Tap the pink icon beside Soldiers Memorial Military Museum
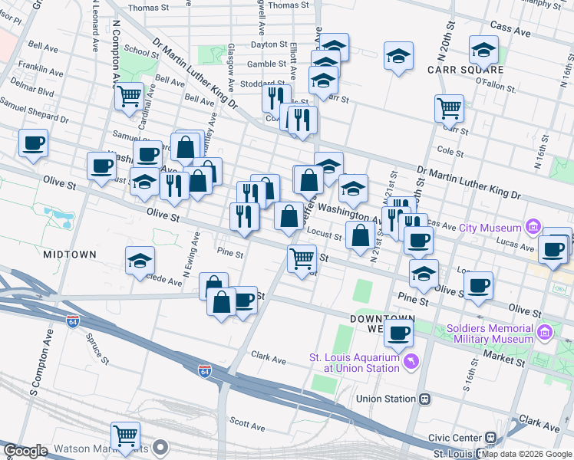545,332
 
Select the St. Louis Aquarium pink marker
411,360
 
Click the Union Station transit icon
424,399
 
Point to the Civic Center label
457,437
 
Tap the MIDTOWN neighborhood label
70,254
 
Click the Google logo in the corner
25,450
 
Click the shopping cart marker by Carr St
449,108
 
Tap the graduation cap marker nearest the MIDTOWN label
140,261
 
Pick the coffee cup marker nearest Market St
398,333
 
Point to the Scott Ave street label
247,422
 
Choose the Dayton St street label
269,45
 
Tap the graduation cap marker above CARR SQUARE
483,51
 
